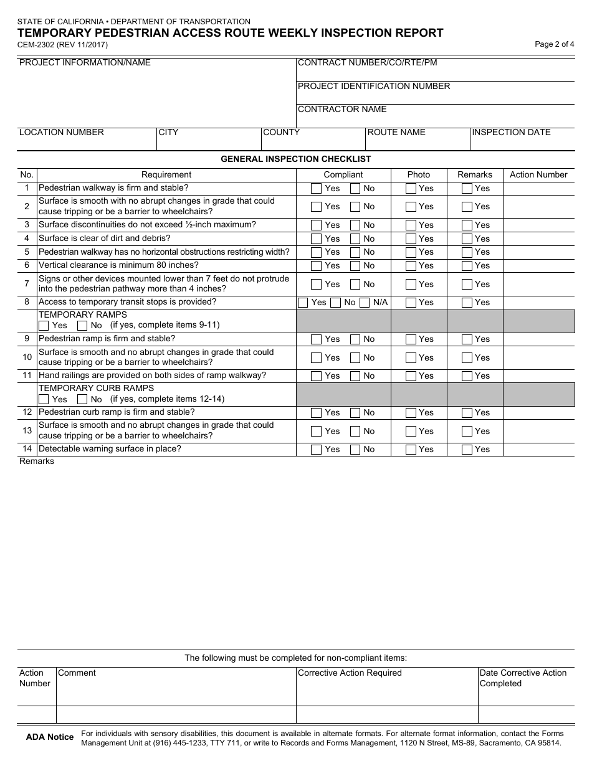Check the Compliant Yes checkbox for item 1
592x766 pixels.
pyautogui.click(x=317, y=188)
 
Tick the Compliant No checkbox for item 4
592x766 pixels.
pyautogui.click(x=355, y=239)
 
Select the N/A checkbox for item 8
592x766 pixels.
pyautogui.click(x=365, y=303)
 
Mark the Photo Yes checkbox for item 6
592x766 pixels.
pyautogui.click(x=411, y=266)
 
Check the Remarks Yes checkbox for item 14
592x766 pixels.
pyautogui.click(x=467, y=450)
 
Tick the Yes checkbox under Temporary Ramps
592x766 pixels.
pyautogui.click(x=44, y=326)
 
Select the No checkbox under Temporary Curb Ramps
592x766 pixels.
pyautogui.click(x=82, y=399)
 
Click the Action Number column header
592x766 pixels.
pyautogui.click(x=538, y=175)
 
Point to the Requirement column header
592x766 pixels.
pyautogui.click(x=166, y=175)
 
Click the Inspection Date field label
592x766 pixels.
pyautogui.click(x=511, y=133)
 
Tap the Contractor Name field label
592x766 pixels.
pyautogui.click(x=342, y=110)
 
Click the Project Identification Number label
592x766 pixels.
pyautogui.click(x=374, y=87)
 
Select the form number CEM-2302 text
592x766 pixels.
pyautogui.click(x=62, y=45)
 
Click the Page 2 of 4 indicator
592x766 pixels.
pyautogui.click(x=554, y=44)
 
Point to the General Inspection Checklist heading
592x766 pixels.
pyautogui.click(x=296, y=159)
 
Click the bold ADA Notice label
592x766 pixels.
pyautogui.click(x=50, y=737)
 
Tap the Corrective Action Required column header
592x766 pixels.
pyautogui.click(x=350, y=673)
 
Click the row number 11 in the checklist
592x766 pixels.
pyautogui.click(x=27, y=376)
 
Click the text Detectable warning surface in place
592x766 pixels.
pyautogui.click(x=110, y=449)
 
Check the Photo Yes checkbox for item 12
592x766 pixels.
pyautogui.click(x=411, y=413)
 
